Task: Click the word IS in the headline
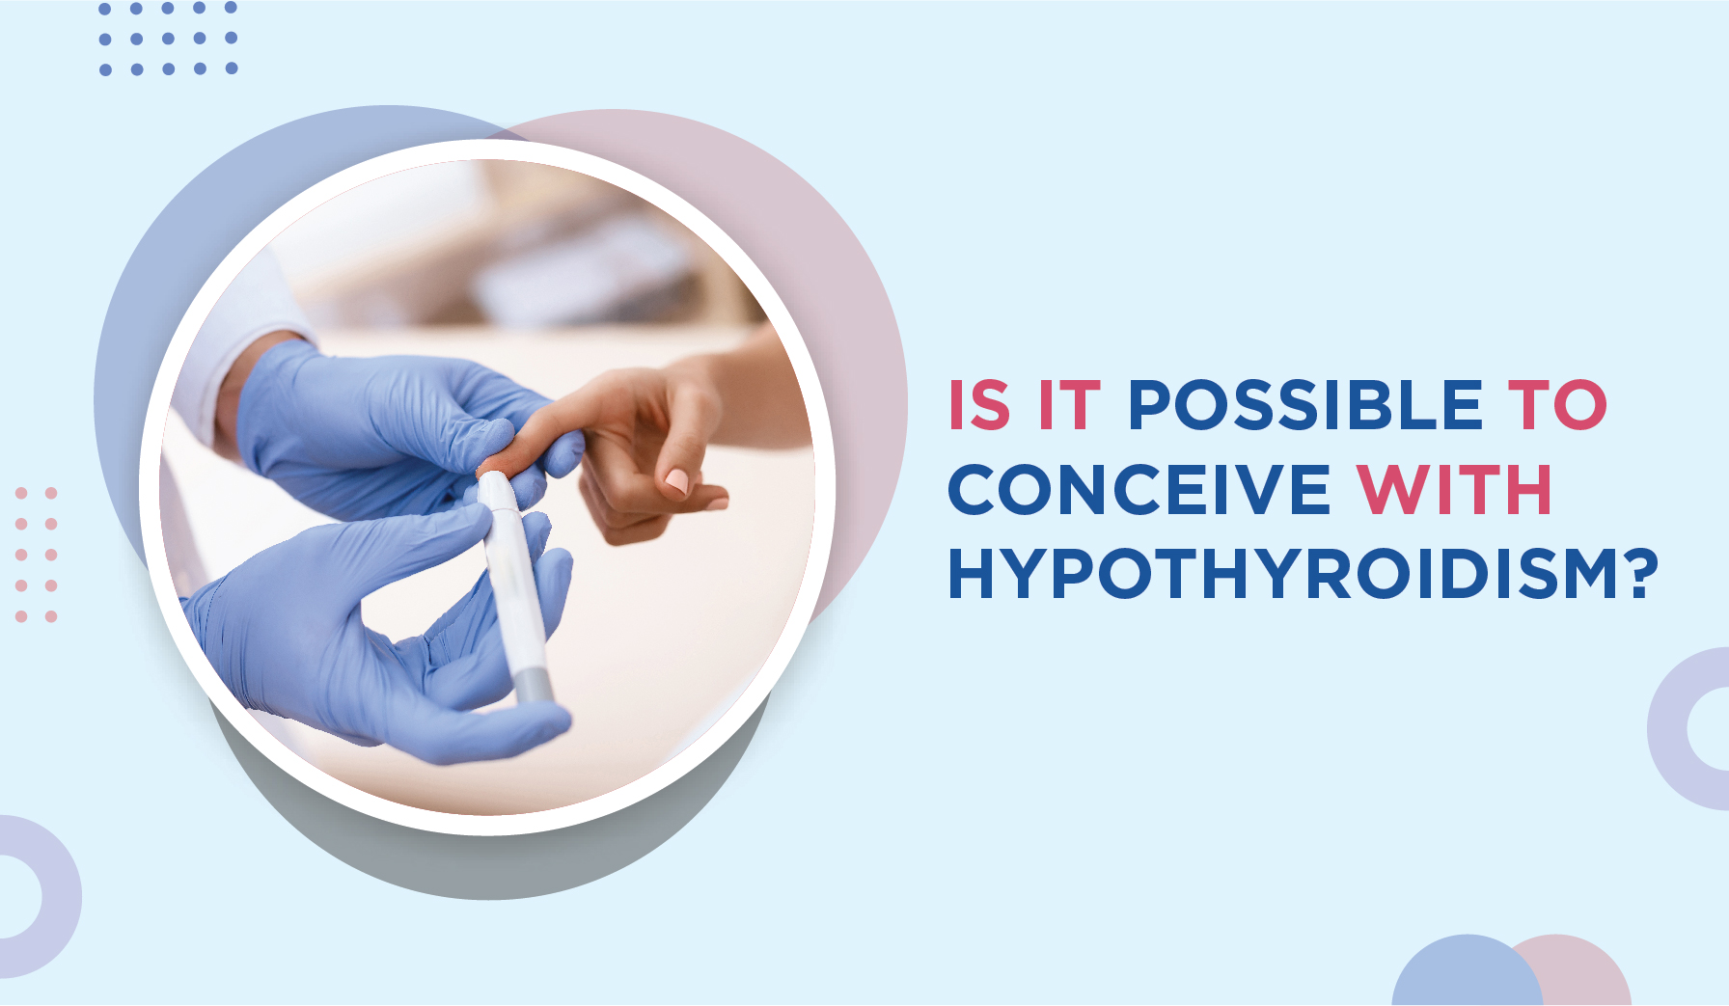click(979, 404)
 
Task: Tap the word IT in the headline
click(1069, 404)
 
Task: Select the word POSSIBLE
click(1305, 404)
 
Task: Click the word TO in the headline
click(1558, 404)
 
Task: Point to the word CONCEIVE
click(1139, 489)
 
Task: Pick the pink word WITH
click(1454, 489)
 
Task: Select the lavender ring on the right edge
click(1669, 729)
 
